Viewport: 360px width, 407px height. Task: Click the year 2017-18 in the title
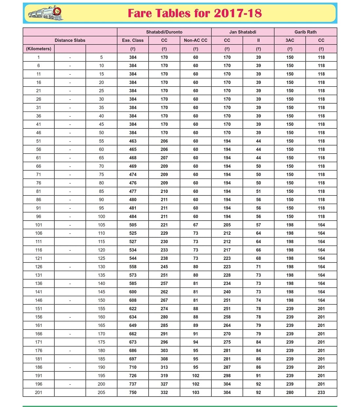pyautogui.click(x=238, y=13)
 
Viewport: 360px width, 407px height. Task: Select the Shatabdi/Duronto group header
pyautogui.click(x=164, y=32)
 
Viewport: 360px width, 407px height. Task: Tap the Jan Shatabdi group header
pyautogui.click(x=243, y=32)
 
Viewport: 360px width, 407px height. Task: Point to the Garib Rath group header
pyautogui.click(x=305, y=32)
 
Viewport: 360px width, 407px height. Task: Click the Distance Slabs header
pyautogui.click(x=70, y=40)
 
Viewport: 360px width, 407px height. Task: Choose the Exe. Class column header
pyautogui.click(x=133, y=40)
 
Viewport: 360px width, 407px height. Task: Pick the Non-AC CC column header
pyautogui.click(x=195, y=40)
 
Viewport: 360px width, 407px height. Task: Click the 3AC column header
pyautogui.click(x=290, y=40)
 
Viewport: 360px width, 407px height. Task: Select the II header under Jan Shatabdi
pyautogui.click(x=258, y=40)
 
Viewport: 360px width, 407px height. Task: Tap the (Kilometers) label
pyautogui.click(x=39, y=49)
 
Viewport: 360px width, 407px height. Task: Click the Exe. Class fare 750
pyautogui.click(x=133, y=392)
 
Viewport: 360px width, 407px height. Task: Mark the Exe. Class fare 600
pyautogui.click(x=133, y=292)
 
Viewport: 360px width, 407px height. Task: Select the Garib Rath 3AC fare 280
pyautogui.click(x=290, y=392)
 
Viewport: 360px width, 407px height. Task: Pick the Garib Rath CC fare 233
pyautogui.click(x=321, y=392)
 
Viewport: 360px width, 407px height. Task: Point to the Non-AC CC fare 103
pyautogui.click(x=195, y=392)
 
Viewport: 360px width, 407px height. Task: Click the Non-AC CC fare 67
pyautogui.click(x=195, y=225)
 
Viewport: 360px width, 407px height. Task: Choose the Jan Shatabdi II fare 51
pyautogui.click(x=258, y=191)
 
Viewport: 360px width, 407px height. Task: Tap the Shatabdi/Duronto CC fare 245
pyautogui.click(x=164, y=267)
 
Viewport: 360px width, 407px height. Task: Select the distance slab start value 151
pyautogui.click(x=39, y=309)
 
